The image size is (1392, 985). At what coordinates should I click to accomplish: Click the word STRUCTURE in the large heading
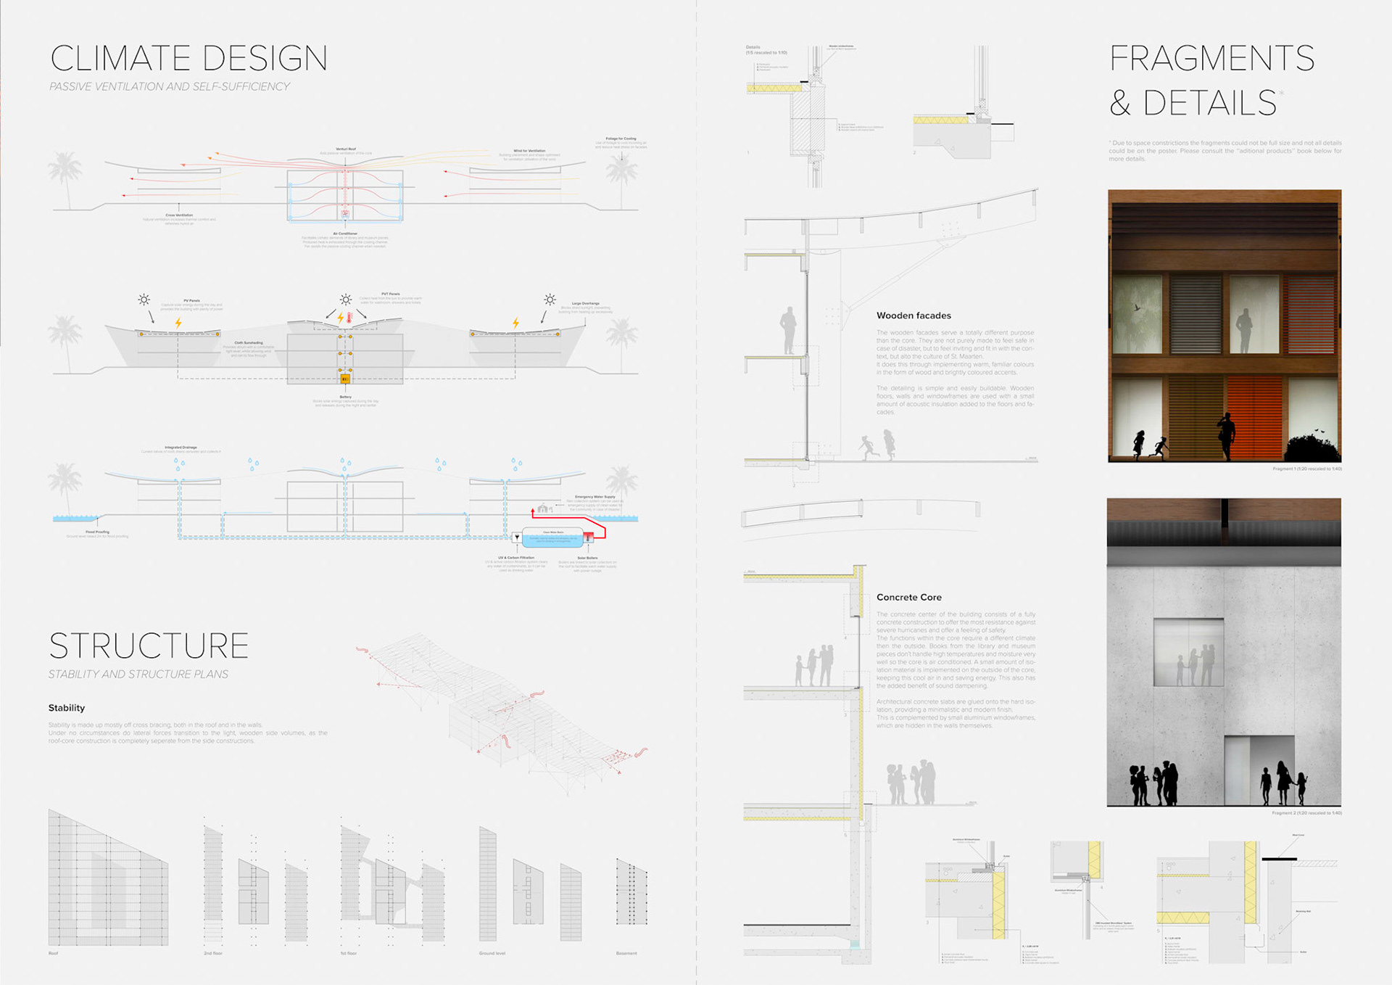(x=149, y=646)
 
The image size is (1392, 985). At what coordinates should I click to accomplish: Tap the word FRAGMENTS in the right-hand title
(x=1211, y=58)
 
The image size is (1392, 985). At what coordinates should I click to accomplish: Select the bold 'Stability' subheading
(x=67, y=708)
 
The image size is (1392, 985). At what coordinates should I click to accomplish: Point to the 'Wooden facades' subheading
(x=913, y=316)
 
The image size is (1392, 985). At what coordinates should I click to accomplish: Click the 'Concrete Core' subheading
(x=908, y=597)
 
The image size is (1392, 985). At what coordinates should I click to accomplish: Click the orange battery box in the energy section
(x=345, y=378)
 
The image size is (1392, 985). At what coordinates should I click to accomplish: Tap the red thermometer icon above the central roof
(x=349, y=317)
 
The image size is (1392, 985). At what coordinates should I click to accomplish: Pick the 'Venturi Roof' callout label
(x=346, y=149)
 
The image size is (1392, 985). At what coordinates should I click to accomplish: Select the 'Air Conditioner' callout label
(x=345, y=234)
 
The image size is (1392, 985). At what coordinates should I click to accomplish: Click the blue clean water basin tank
(x=553, y=539)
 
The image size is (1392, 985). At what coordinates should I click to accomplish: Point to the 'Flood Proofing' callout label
(x=97, y=532)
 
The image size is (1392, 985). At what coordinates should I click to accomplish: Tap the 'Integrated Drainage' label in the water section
(x=181, y=448)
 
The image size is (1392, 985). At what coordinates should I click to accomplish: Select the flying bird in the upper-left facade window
(x=1137, y=308)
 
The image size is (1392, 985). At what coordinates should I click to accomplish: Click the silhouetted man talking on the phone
(x=1226, y=435)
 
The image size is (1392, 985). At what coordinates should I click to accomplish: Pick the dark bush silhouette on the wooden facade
(x=1312, y=448)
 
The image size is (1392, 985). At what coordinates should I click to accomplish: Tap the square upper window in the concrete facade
(x=1188, y=652)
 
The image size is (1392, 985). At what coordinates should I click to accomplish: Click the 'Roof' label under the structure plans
(x=53, y=953)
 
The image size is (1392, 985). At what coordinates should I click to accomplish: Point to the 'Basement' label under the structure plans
(x=626, y=953)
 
